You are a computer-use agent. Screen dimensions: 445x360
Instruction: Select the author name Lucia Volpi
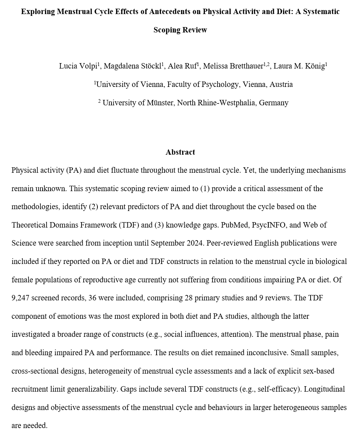click(x=78, y=66)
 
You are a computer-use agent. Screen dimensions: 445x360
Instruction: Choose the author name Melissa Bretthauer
click(x=233, y=66)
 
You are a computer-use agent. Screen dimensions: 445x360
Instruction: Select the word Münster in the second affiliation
click(x=159, y=103)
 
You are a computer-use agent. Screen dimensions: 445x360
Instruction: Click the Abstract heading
click(x=180, y=152)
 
